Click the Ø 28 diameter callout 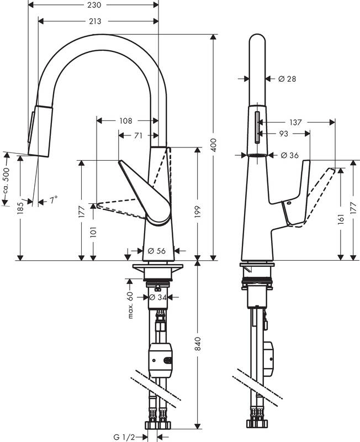coord(287,79)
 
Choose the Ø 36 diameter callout coord(289,155)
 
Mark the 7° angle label coord(54,201)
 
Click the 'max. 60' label coord(131,306)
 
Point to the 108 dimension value coord(125,120)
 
